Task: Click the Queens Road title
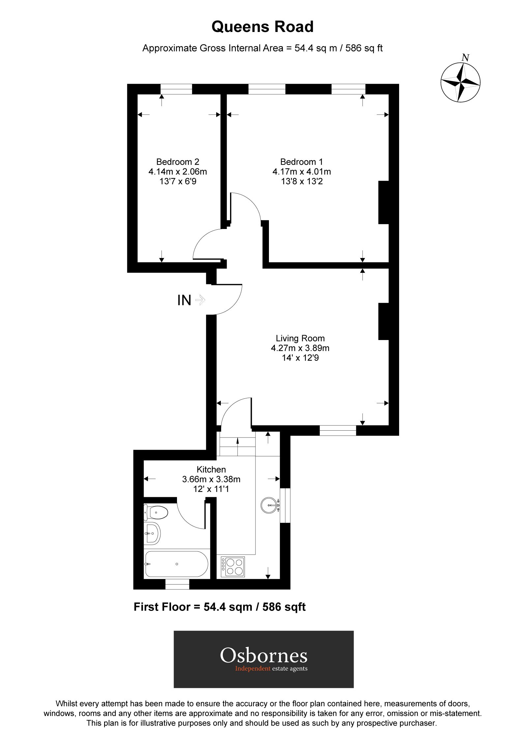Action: click(262, 27)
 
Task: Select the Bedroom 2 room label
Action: click(178, 162)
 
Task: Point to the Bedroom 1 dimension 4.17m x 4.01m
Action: click(302, 172)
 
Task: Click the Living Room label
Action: click(300, 338)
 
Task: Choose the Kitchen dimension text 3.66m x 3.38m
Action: click(211, 479)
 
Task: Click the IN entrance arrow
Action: click(200, 300)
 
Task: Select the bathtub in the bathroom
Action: click(176, 564)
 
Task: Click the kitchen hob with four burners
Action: click(233, 566)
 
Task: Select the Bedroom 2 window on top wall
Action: click(176, 89)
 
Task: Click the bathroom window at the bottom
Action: click(177, 584)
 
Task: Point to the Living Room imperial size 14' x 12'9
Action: click(300, 358)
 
